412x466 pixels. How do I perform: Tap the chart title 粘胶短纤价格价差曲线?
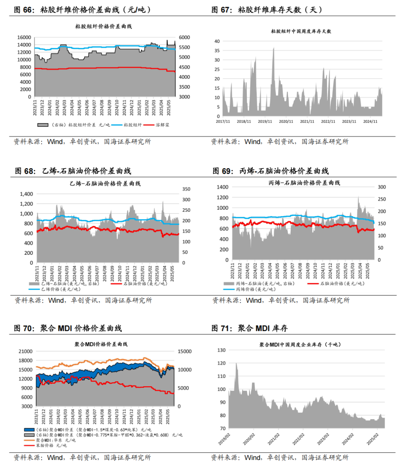(x=103, y=26)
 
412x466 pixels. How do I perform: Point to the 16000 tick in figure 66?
(x=24, y=37)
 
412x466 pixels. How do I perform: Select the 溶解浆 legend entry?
(x=162, y=125)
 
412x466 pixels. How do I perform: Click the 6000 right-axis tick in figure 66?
(x=184, y=37)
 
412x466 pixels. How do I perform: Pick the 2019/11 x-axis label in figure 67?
(x=265, y=122)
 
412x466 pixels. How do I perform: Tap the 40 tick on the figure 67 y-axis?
(x=217, y=41)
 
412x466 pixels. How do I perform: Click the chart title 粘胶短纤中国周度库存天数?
(x=301, y=31)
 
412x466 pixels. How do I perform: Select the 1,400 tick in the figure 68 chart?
(x=26, y=194)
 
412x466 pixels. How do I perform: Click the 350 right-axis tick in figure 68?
(x=186, y=189)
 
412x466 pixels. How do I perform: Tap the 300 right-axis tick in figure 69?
(x=382, y=187)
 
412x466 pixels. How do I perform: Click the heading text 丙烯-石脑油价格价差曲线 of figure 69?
(x=284, y=171)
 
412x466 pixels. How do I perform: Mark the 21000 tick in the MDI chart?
(x=26, y=352)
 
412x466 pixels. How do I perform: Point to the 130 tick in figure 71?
(x=221, y=350)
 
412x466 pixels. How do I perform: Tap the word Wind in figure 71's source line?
(x=253, y=457)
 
